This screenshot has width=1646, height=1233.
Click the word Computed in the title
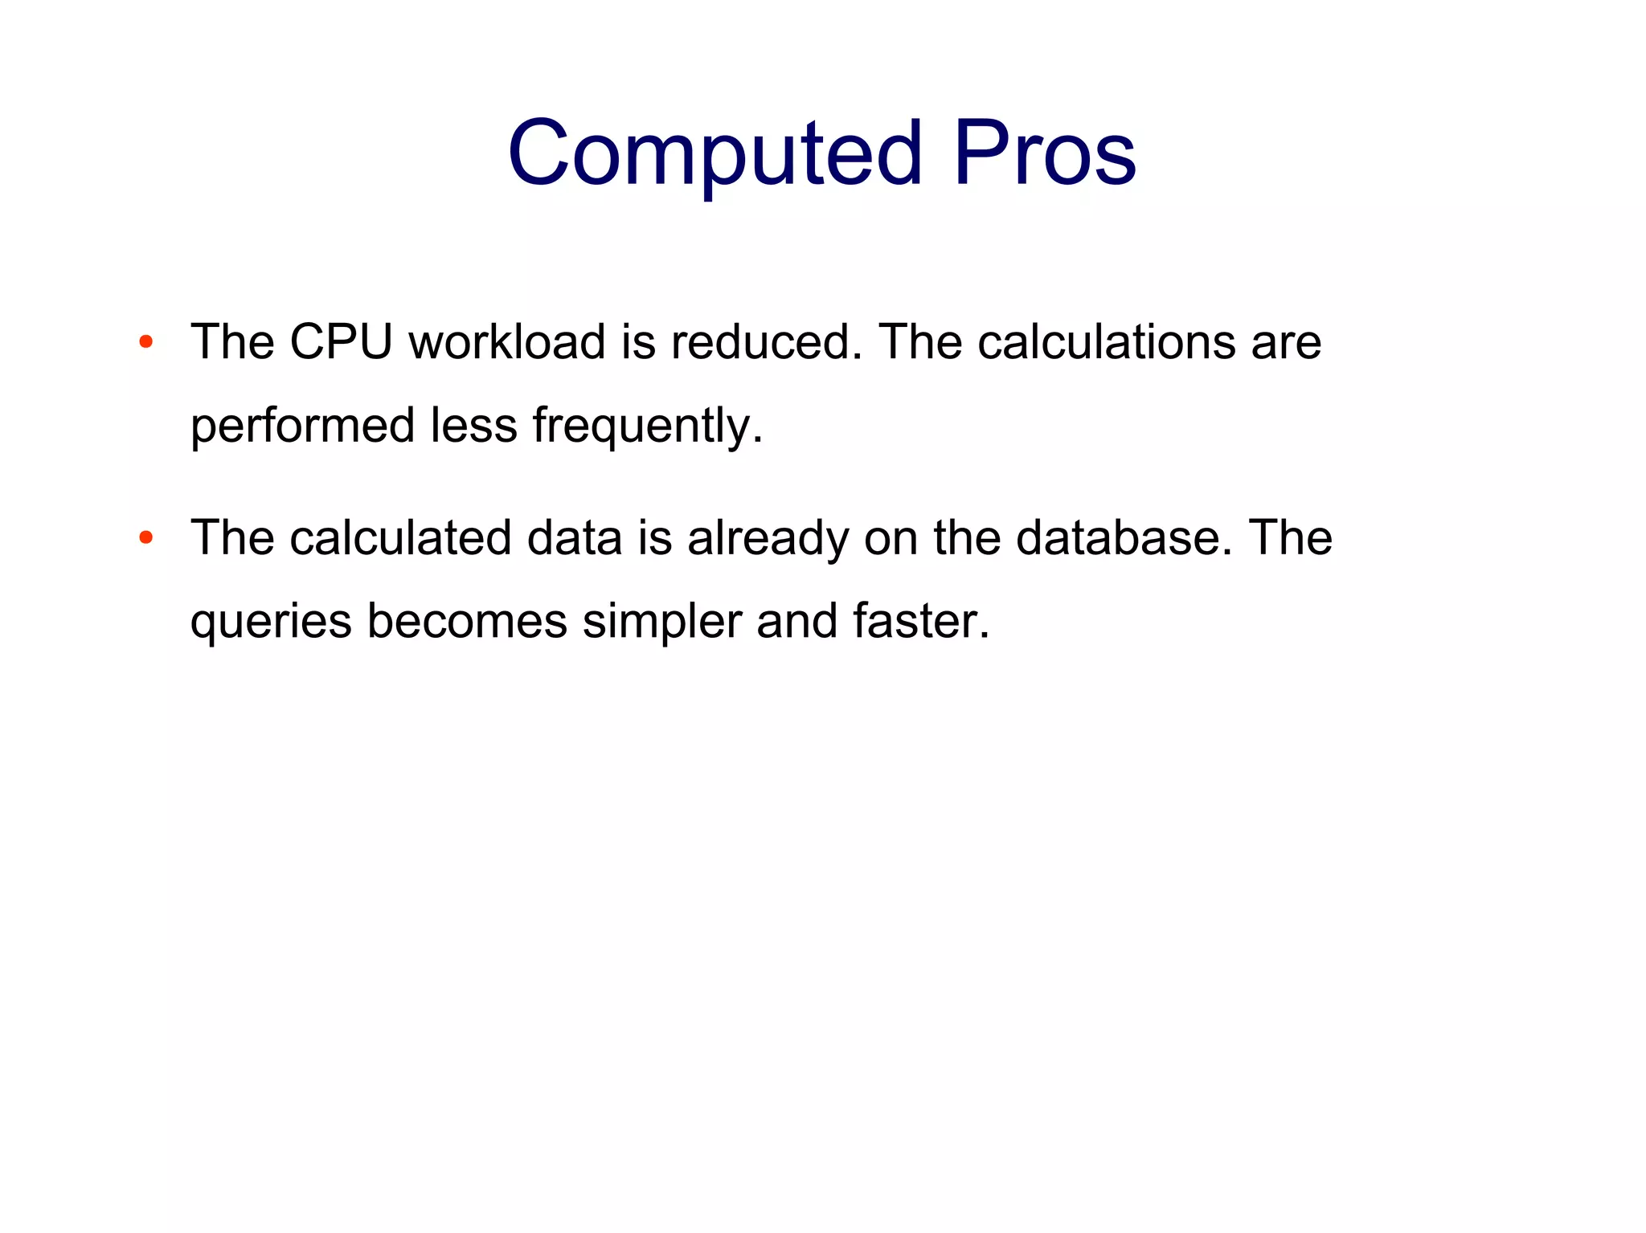point(714,153)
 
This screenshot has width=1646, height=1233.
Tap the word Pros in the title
point(1045,153)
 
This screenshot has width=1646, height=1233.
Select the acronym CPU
point(341,342)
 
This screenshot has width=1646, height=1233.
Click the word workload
point(507,342)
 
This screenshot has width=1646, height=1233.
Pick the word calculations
point(1107,342)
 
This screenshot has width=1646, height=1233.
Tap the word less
point(473,426)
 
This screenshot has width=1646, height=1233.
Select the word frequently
point(647,426)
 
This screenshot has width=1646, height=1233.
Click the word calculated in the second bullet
point(400,537)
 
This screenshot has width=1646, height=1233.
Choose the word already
point(768,539)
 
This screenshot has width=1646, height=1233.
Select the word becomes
point(467,621)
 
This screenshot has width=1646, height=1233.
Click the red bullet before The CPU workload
point(145,342)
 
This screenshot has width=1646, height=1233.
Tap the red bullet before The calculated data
point(145,537)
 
